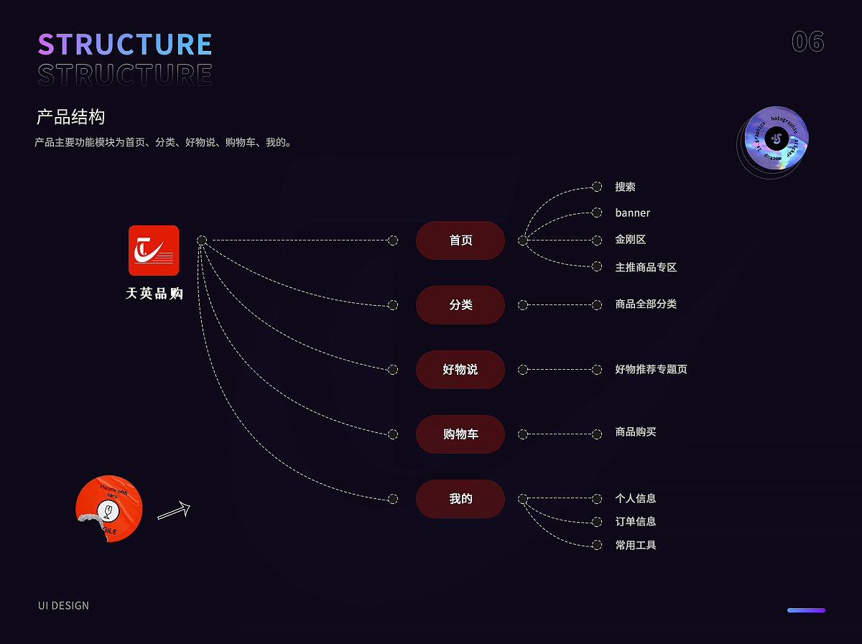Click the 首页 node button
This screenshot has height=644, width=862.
coord(460,241)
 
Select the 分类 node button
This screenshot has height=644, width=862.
coord(460,305)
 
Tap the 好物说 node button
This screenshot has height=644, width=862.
coord(460,370)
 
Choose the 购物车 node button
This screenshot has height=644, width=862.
coord(460,434)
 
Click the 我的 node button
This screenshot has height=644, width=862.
coord(460,499)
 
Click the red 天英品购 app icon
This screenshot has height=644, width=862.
coord(154,251)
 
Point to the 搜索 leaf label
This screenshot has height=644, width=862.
coord(625,187)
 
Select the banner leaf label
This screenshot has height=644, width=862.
coord(632,213)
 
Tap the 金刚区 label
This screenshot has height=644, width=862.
coord(630,240)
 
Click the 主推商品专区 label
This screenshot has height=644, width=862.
coord(646,267)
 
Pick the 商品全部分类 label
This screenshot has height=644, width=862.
coord(646,304)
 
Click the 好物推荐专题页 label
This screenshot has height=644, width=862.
coord(651,369)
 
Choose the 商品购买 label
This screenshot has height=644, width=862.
coord(635,432)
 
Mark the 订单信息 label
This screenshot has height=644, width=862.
coord(635,521)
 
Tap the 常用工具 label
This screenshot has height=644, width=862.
coord(635,545)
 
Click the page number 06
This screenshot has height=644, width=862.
coord(807,42)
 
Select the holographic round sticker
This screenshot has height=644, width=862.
coord(777,139)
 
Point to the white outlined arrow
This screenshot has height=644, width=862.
coord(174,510)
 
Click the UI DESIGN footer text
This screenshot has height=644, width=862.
coord(64,605)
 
